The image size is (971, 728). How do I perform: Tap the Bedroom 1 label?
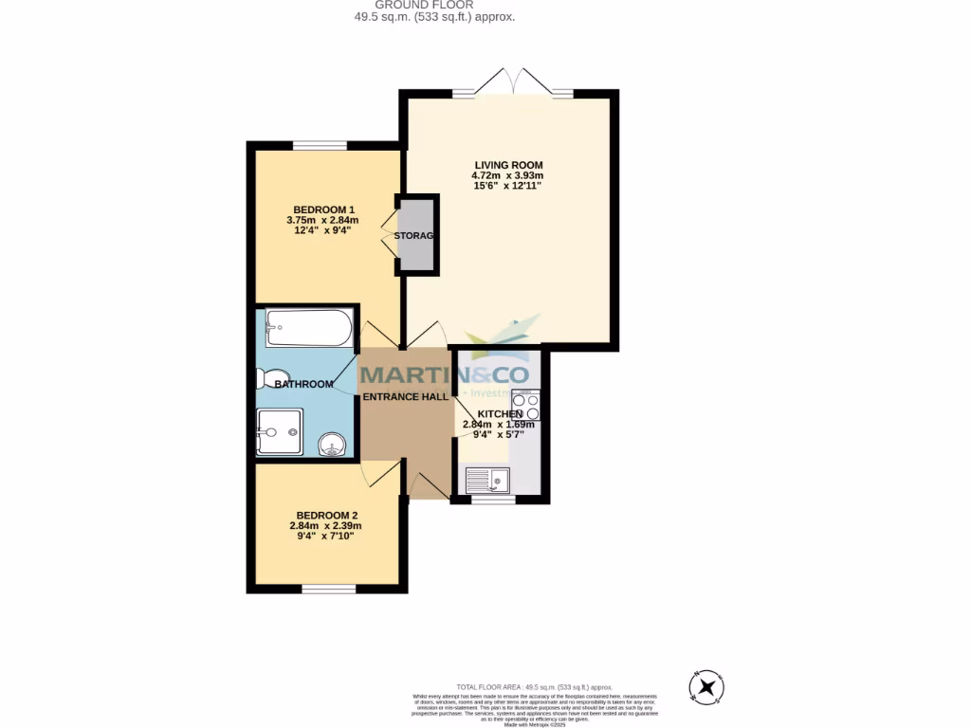(323, 209)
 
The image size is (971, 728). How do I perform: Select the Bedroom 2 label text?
(325, 516)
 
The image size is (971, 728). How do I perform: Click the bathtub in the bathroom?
(308, 328)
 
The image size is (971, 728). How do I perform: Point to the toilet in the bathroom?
(265, 378)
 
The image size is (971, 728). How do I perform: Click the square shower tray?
(280, 431)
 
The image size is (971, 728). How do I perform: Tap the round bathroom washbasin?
(333, 443)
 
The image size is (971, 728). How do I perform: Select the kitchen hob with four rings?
(525, 406)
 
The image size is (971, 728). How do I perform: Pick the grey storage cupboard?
(415, 235)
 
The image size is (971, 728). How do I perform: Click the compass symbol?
(705, 686)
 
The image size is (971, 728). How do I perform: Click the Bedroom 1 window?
(319, 145)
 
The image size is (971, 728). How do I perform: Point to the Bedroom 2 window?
(329, 589)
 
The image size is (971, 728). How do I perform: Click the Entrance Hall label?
(406, 397)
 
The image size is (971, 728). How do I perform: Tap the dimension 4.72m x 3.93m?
(507, 175)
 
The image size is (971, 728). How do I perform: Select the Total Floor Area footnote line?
(535, 686)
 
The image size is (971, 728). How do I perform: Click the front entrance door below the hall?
(427, 482)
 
